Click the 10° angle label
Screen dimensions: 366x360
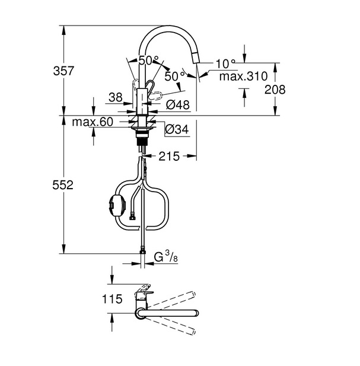[225, 63]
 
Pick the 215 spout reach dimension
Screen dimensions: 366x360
[170, 157]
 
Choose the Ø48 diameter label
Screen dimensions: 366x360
[177, 105]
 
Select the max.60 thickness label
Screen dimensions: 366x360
[92, 122]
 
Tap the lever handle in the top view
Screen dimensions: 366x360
[144, 292]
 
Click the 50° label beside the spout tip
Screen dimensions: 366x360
[172, 77]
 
